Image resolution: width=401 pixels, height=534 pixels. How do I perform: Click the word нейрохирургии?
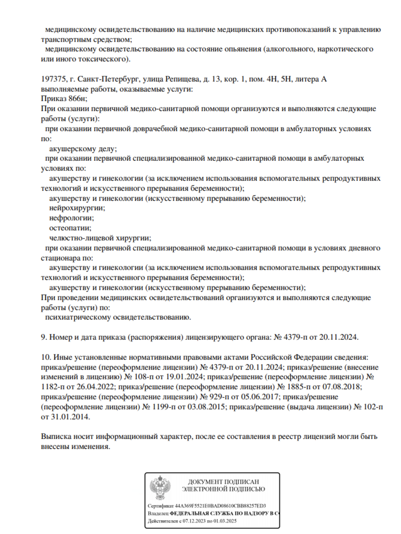click(77, 208)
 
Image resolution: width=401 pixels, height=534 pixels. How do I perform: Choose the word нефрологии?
click(71, 218)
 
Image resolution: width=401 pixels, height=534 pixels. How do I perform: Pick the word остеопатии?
click(70, 228)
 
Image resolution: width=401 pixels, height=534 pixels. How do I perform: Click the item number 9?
click(44, 337)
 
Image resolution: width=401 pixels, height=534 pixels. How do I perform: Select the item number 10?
click(46, 357)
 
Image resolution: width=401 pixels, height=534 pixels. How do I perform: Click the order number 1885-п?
click(301, 387)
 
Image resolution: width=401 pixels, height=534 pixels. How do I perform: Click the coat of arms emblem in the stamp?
click(160, 488)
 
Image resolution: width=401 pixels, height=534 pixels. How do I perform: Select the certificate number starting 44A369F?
click(220, 506)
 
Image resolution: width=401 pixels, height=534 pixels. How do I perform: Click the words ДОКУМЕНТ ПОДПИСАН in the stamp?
click(223, 482)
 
